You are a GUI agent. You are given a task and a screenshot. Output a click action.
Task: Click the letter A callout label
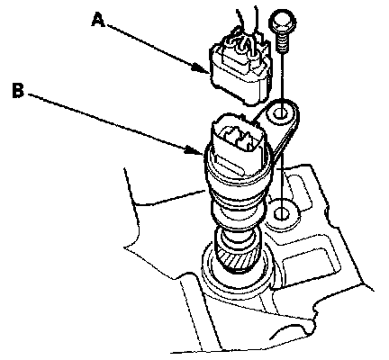point(99,21)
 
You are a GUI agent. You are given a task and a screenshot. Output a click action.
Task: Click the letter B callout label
point(18,90)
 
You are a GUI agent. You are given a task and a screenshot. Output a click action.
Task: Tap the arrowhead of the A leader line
point(201,68)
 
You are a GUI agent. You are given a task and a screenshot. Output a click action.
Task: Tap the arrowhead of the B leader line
point(194,149)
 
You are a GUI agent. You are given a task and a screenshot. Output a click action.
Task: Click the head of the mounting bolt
point(283,22)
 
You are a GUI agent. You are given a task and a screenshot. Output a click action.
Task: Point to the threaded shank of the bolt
point(282,42)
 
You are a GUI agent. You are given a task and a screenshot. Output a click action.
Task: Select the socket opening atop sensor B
point(239,138)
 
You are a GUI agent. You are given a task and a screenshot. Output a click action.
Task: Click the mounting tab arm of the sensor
point(281,129)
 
